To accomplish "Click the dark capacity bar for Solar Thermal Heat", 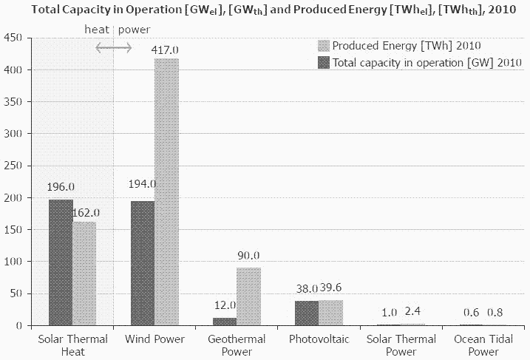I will tap(61, 262).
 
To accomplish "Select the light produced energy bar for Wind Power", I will tap(166, 192).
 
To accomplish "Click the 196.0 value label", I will tap(61, 188).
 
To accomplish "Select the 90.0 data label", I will tap(248, 256).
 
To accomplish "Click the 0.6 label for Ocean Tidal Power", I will tap(471, 312).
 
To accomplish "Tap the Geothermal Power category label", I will tap(237, 344).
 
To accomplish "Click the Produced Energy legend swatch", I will tap(324, 47).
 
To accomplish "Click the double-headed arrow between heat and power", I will tap(113, 47).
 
